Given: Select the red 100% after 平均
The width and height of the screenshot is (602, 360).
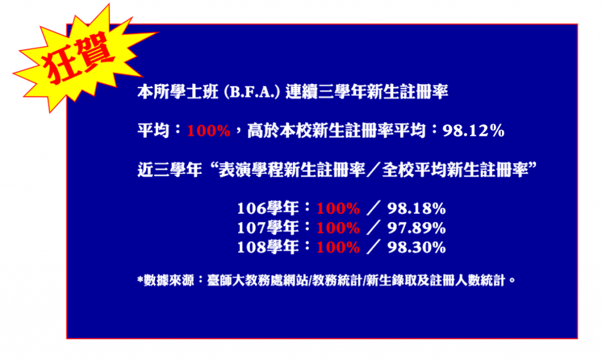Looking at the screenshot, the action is [x=209, y=131].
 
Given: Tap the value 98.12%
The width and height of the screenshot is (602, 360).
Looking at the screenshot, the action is [x=473, y=131].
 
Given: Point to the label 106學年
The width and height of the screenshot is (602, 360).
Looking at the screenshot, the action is [x=268, y=208].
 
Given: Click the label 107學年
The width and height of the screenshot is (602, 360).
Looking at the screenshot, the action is [x=268, y=228].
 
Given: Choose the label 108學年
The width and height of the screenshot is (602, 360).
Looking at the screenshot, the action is [x=268, y=247].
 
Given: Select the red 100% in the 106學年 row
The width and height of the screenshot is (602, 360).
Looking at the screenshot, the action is [x=338, y=209].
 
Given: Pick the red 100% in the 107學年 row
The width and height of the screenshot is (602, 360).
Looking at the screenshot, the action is [x=338, y=228].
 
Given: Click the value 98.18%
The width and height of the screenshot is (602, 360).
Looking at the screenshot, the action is [x=417, y=209].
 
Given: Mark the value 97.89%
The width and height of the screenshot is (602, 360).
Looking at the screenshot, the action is [x=417, y=228].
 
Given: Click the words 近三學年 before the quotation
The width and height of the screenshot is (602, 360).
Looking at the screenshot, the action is [x=170, y=169].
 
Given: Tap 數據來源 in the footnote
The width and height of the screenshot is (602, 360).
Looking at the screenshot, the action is [x=169, y=281].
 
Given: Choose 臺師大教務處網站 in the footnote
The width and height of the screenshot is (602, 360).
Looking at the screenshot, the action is [x=257, y=281].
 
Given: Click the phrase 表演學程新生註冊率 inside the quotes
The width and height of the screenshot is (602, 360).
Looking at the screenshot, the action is [x=292, y=169].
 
